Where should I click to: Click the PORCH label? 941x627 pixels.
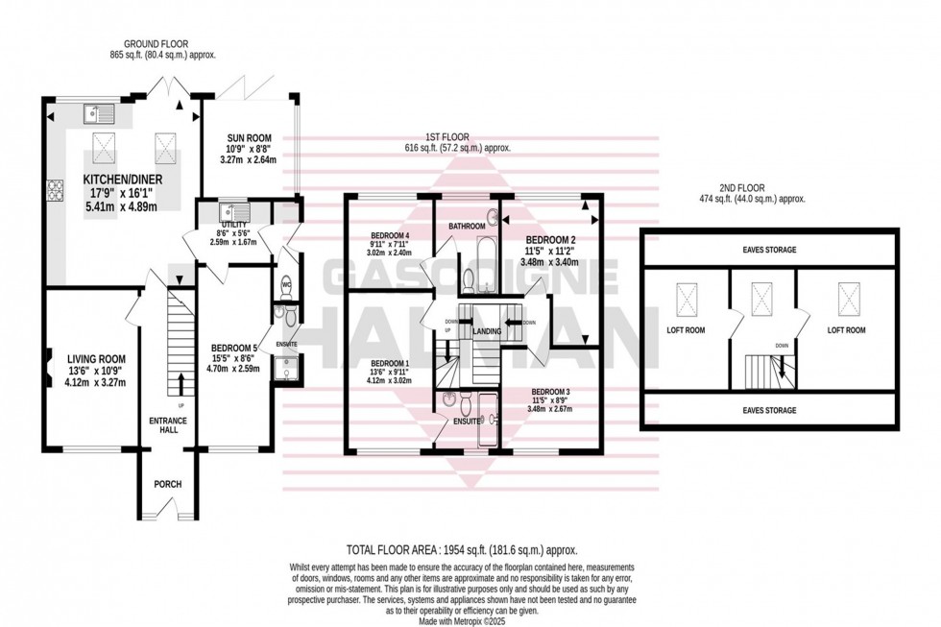168,484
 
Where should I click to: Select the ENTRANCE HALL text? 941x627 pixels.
168,426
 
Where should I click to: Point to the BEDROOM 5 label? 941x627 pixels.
234,350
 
